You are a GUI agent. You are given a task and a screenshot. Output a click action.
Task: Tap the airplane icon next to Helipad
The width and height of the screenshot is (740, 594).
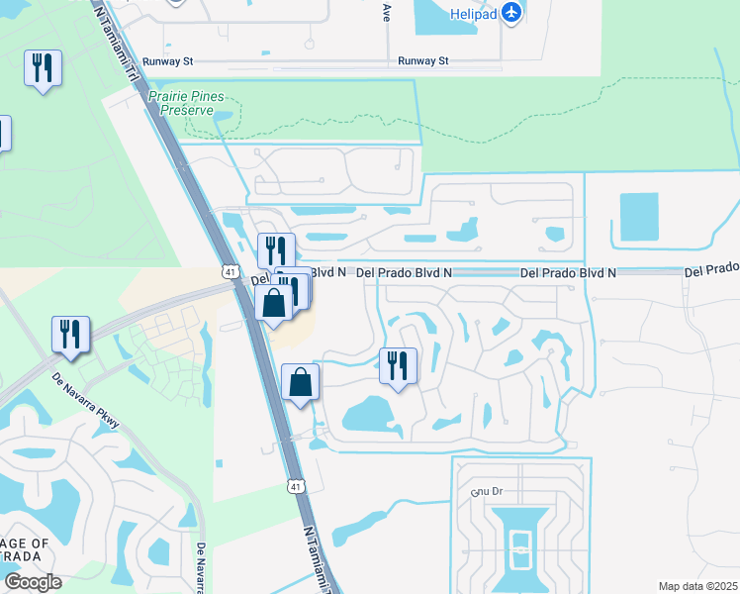pos(511,11)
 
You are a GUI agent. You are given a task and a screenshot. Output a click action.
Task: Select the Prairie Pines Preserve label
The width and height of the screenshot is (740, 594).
pos(186,104)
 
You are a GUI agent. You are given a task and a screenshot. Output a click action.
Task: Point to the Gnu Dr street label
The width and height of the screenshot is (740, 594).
pos(488,491)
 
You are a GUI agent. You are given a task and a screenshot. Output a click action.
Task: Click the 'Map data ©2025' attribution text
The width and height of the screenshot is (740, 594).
pos(697,586)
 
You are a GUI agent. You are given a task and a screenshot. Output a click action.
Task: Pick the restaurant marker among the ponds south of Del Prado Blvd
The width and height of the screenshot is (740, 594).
pos(398,365)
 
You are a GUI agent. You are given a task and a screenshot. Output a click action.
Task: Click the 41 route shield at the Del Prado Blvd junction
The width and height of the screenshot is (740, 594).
pos(230,271)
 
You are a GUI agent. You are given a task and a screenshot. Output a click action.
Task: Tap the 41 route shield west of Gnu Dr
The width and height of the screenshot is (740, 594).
pos(296,485)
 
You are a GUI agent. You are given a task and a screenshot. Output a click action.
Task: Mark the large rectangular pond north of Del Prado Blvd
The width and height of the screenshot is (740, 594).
pos(638,218)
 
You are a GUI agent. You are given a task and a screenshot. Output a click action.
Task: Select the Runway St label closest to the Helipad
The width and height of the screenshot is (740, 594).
pos(423,61)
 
